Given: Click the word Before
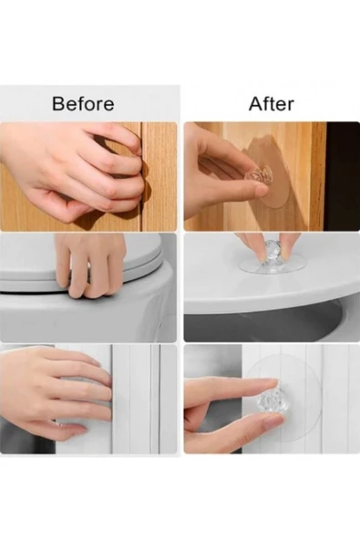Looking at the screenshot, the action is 83,104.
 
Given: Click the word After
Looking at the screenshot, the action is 272,104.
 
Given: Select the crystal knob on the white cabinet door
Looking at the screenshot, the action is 270,402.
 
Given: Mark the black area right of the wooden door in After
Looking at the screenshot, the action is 343,176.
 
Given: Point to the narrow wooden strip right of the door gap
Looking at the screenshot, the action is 159,176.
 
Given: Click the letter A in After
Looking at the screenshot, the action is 256,104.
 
